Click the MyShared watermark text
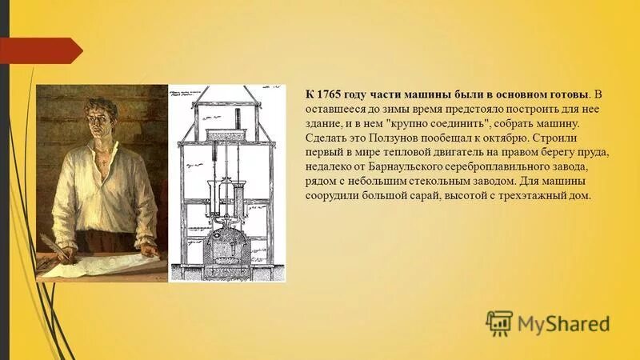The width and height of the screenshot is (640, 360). coord(564,324)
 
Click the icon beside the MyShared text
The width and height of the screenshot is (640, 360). coord(499,323)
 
